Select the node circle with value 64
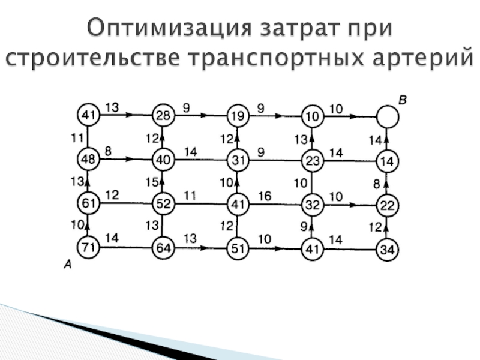pyautogui.click(x=163, y=247)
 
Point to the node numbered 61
pyautogui.click(x=88, y=203)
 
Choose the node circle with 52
pyautogui.click(x=163, y=203)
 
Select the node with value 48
pyautogui.click(x=88, y=158)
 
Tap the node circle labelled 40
pyautogui.click(x=163, y=160)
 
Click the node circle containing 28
pyautogui.click(x=163, y=115)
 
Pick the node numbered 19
pyautogui.click(x=238, y=115)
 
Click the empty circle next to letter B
pyautogui.click(x=388, y=116)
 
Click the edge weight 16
pyautogui.click(x=265, y=196)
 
